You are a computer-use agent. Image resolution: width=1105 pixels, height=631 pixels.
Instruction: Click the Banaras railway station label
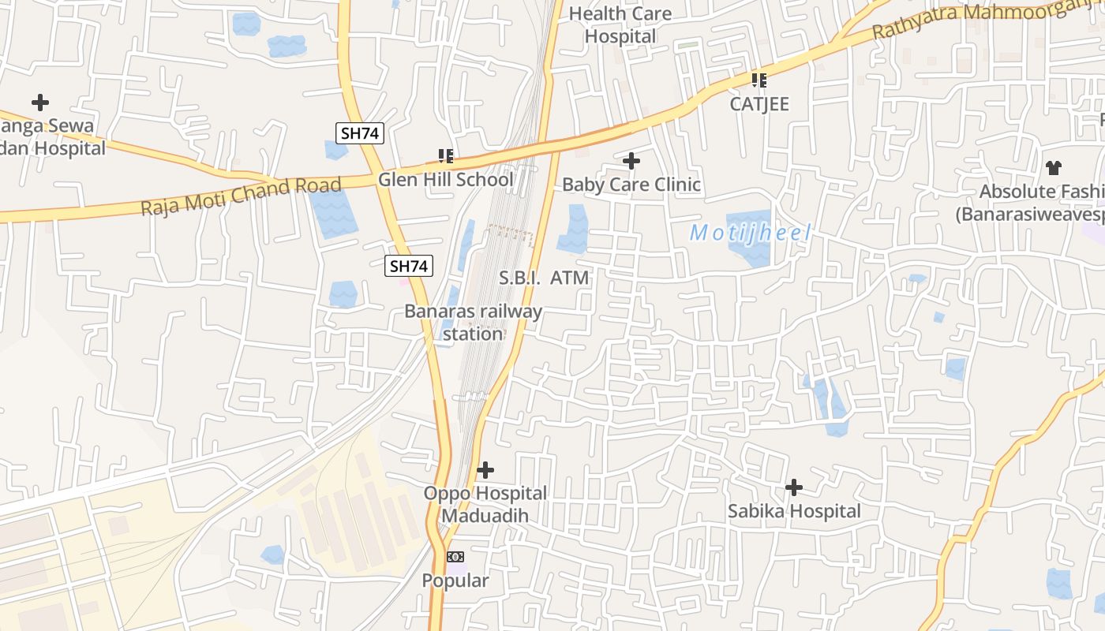click(x=473, y=322)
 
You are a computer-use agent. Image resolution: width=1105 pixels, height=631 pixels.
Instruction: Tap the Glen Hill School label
click(x=445, y=179)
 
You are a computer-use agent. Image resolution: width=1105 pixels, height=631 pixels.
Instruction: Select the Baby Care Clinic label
click(x=631, y=185)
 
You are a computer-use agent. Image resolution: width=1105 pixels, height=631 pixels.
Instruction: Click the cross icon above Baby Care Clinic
click(x=631, y=161)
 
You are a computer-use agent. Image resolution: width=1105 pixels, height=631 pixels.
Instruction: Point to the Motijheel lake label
click(x=750, y=233)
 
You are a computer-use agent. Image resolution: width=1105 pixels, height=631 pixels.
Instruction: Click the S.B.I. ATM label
click(x=545, y=278)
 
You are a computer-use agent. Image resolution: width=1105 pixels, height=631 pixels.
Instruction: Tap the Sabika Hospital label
click(x=794, y=511)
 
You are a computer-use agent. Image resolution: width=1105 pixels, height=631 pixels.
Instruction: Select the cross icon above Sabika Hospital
click(x=794, y=487)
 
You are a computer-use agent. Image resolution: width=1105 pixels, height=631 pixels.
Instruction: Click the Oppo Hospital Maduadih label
click(x=485, y=504)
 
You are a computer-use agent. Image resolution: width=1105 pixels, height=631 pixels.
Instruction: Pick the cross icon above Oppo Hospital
click(x=485, y=470)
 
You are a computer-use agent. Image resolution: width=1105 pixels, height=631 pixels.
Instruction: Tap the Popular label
click(x=455, y=581)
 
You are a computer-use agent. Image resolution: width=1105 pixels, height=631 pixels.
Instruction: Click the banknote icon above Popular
click(x=455, y=557)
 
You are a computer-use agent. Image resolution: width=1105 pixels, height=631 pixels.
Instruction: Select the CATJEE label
click(x=759, y=104)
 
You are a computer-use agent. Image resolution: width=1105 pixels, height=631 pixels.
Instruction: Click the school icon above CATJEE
click(x=759, y=80)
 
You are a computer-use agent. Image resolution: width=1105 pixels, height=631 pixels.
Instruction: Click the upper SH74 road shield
click(x=361, y=133)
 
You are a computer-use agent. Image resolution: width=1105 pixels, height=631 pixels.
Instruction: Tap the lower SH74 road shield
click(x=409, y=267)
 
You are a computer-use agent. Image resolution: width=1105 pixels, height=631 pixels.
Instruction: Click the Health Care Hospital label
click(x=620, y=24)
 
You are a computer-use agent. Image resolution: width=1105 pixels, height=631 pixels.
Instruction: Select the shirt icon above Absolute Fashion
click(x=1054, y=167)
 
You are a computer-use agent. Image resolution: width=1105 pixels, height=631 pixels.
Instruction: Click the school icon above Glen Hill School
click(x=446, y=155)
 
